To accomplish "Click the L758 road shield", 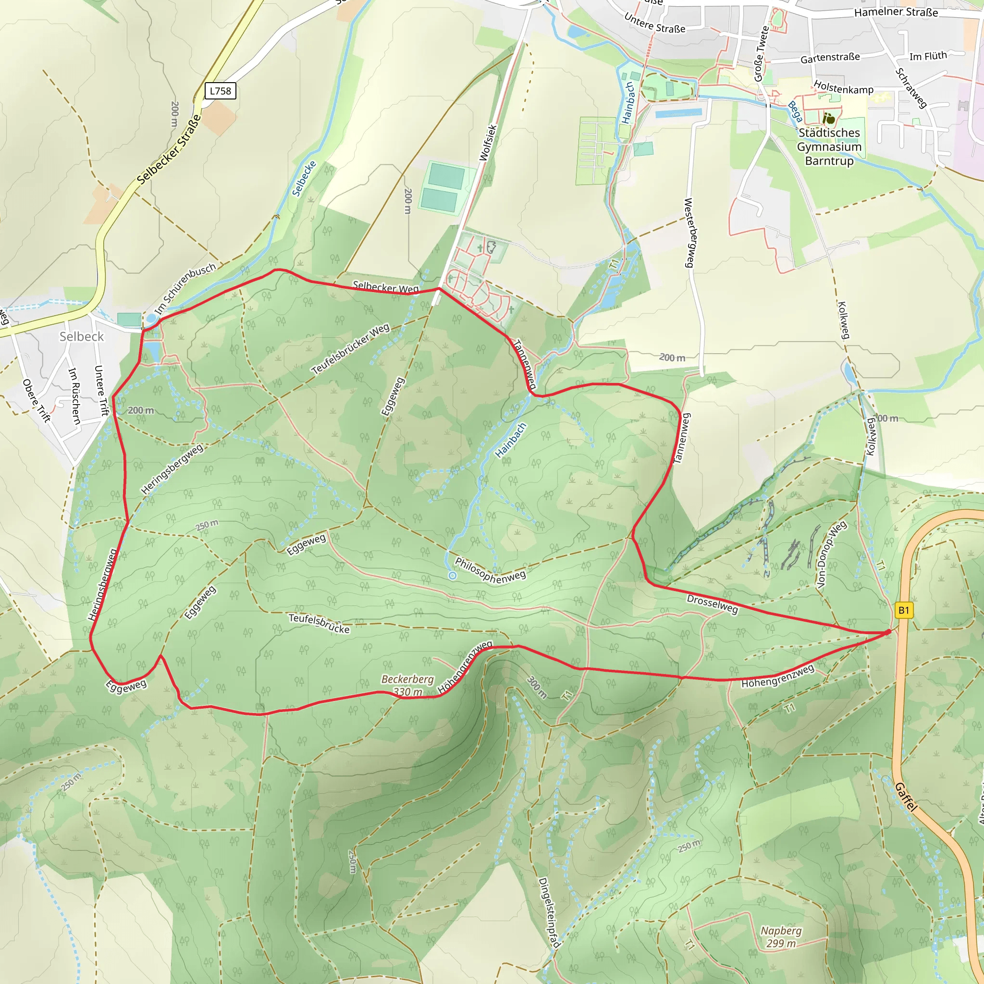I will (221, 91).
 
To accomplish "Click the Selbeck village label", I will (82, 337).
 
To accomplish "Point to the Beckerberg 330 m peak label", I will (407, 686).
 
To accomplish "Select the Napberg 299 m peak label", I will (781, 936).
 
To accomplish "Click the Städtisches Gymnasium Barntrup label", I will (829, 147).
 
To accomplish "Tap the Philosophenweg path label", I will (490, 570).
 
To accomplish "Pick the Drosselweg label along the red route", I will (712, 604).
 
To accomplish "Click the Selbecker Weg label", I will (385, 287).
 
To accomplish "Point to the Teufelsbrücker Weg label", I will (350, 349).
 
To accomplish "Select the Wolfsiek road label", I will (488, 143).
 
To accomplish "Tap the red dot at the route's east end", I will (888, 632).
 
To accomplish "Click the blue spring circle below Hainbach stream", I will (452, 576).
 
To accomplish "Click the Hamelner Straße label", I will (896, 12).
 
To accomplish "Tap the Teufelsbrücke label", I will (320, 623).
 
